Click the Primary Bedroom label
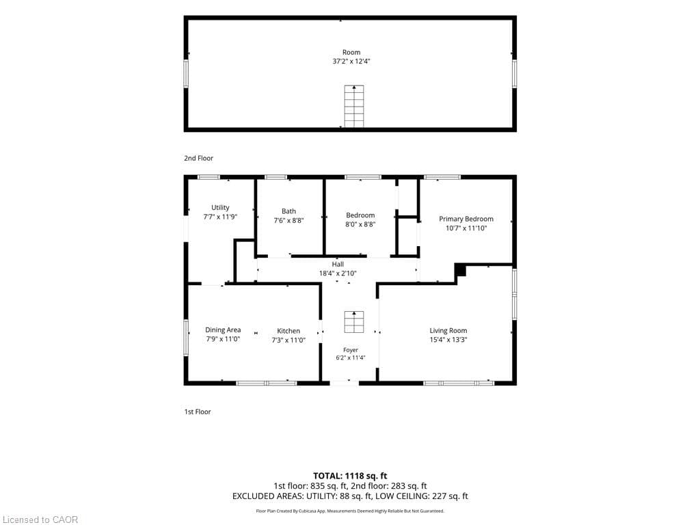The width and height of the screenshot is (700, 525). click(x=466, y=219)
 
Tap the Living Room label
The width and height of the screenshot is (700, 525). click(x=448, y=330)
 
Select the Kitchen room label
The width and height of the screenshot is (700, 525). click(x=288, y=331)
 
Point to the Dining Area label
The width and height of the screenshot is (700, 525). click(x=223, y=330)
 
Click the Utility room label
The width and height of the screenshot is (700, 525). click(x=220, y=208)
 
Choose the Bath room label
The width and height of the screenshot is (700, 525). click(x=289, y=211)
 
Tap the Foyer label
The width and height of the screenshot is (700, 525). click(x=351, y=350)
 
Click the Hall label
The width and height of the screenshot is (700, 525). click(x=338, y=265)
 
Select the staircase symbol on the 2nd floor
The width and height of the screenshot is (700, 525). click(x=354, y=106)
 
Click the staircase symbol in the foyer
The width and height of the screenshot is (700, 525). click(x=354, y=322)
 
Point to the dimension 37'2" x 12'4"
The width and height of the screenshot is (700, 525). click(x=351, y=61)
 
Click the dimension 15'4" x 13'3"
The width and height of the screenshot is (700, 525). click(x=448, y=340)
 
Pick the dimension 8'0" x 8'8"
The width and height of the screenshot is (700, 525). click(x=360, y=224)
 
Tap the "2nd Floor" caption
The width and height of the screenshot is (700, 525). click(x=199, y=158)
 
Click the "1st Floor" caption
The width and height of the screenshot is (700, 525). click(x=198, y=412)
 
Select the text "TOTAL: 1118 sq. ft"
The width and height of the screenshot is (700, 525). click(x=350, y=476)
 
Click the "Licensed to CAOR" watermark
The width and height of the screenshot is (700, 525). click(x=40, y=520)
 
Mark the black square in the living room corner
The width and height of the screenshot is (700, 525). click(x=460, y=269)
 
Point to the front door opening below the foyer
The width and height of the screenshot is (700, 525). click(x=345, y=383)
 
